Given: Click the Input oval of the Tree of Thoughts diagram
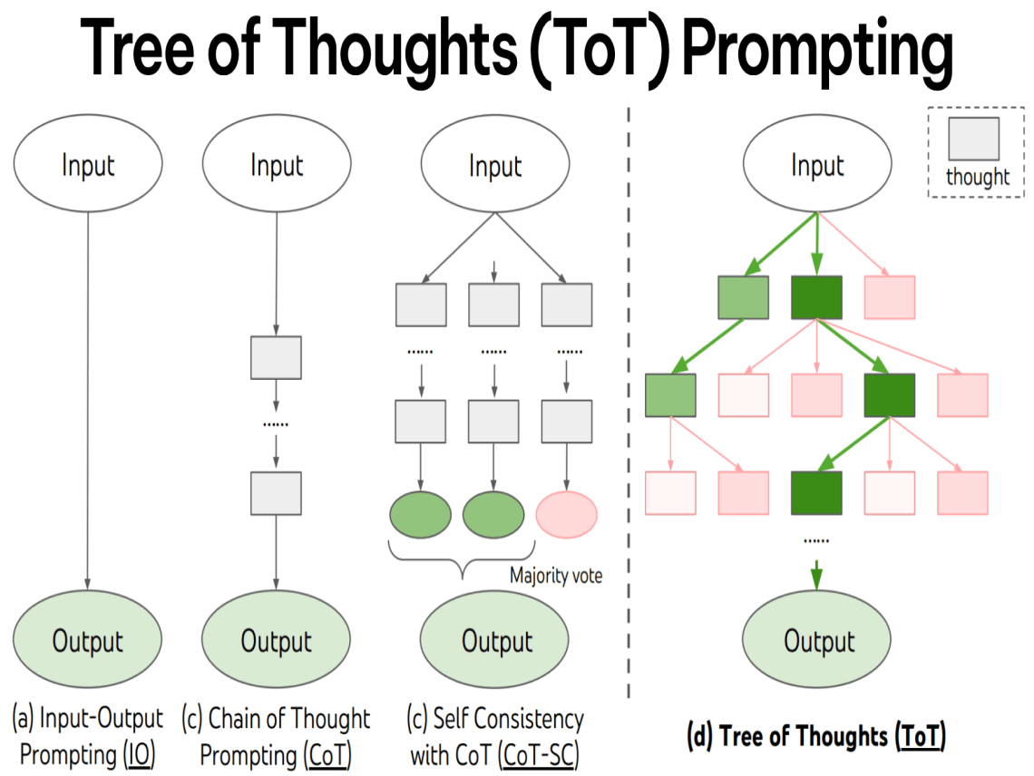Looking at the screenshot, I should [x=817, y=166].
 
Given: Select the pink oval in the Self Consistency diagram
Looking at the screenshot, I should [x=567, y=513].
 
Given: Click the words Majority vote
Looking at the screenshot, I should [x=555, y=576].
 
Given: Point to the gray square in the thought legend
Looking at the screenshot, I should [x=974, y=139].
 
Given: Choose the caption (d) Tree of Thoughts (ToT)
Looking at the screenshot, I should [x=816, y=736].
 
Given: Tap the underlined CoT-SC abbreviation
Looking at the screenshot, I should [x=541, y=753].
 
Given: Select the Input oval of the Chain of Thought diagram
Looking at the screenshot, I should [x=276, y=166].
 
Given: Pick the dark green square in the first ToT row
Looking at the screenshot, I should [x=816, y=297].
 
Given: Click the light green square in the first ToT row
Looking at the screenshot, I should [x=743, y=297].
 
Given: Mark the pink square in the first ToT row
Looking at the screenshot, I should [x=890, y=297].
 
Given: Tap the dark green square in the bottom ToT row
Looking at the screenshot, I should [x=816, y=492].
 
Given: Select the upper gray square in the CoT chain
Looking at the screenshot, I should [x=276, y=357].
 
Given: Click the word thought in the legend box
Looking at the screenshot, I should [x=977, y=177].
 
